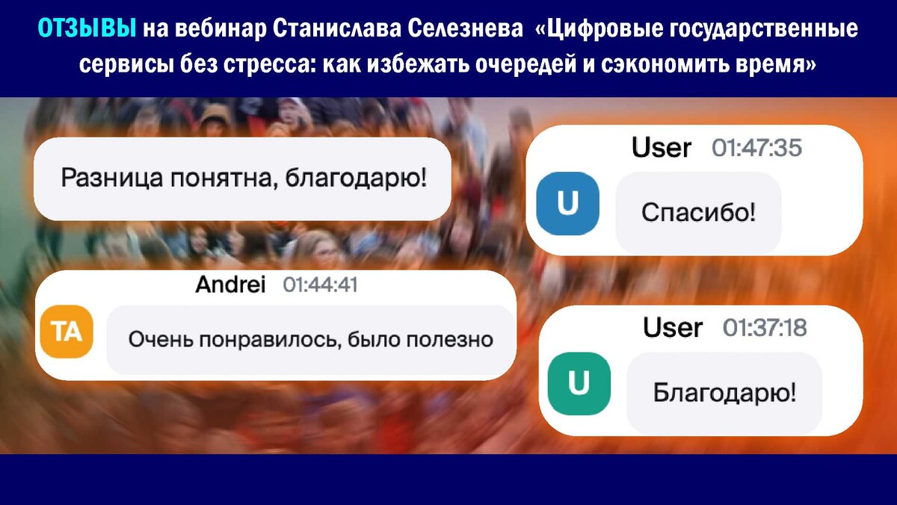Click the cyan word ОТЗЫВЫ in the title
pyautogui.click(x=87, y=28)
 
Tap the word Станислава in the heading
pyautogui.click(x=337, y=28)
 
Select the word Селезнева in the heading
pyautogui.click(x=465, y=28)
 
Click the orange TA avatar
pyautogui.click(x=67, y=332)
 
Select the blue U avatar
pyautogui.click(x=567, y=203)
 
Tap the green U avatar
pyautogui.click(x=579, y=383)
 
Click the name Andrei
pyautogui.click(x=230, y=285)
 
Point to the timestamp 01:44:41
pyautogui.click(x=320, y=285)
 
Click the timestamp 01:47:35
pyautogui.click(x=756, y=148)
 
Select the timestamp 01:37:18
pyautogui.click(x=765, y=328)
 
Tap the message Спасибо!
pyautogui.click(x=698, y=212)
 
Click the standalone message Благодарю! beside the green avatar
pyautogui.click(x=724, y=393)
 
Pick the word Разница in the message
pyautogui.click(x=111, y=178)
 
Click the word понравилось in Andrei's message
pyautogui.click(x=270, y=340)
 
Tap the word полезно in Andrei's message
pyautogui.click(x=450, y=340)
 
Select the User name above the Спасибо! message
pyautogui.click(x=661, y=148)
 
